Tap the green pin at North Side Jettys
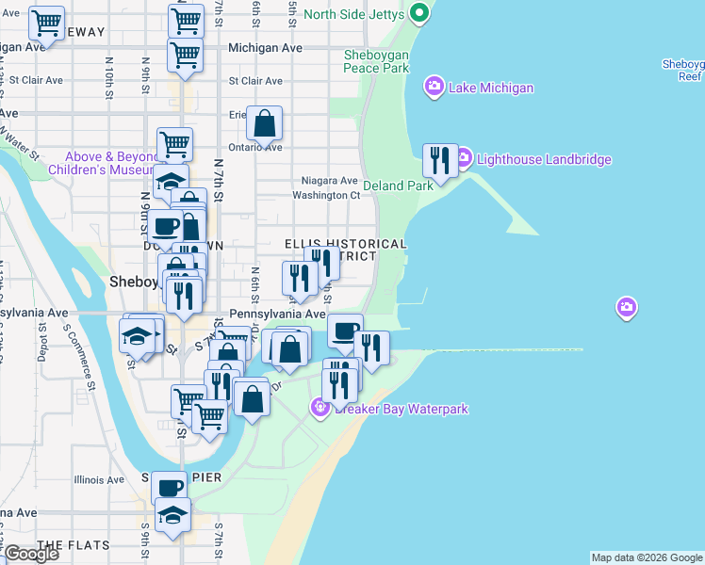click(419, 13)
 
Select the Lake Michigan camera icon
click(434, 88)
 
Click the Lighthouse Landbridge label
click(544, 159)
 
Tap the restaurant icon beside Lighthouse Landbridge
click(440, 160)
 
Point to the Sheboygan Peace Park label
click(376, 61)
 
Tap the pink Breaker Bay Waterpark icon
click(320, 408)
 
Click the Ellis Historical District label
click(345, 250)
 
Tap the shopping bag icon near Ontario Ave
click(265, 122)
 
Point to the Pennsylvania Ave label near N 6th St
click(278, 314)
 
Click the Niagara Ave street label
click(329, 180)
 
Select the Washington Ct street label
click(326, 195)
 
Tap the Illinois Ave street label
click(99, 479)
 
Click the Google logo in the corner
click(31, 554)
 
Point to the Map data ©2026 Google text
click(646, 557)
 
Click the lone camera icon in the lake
click(627, 307)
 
